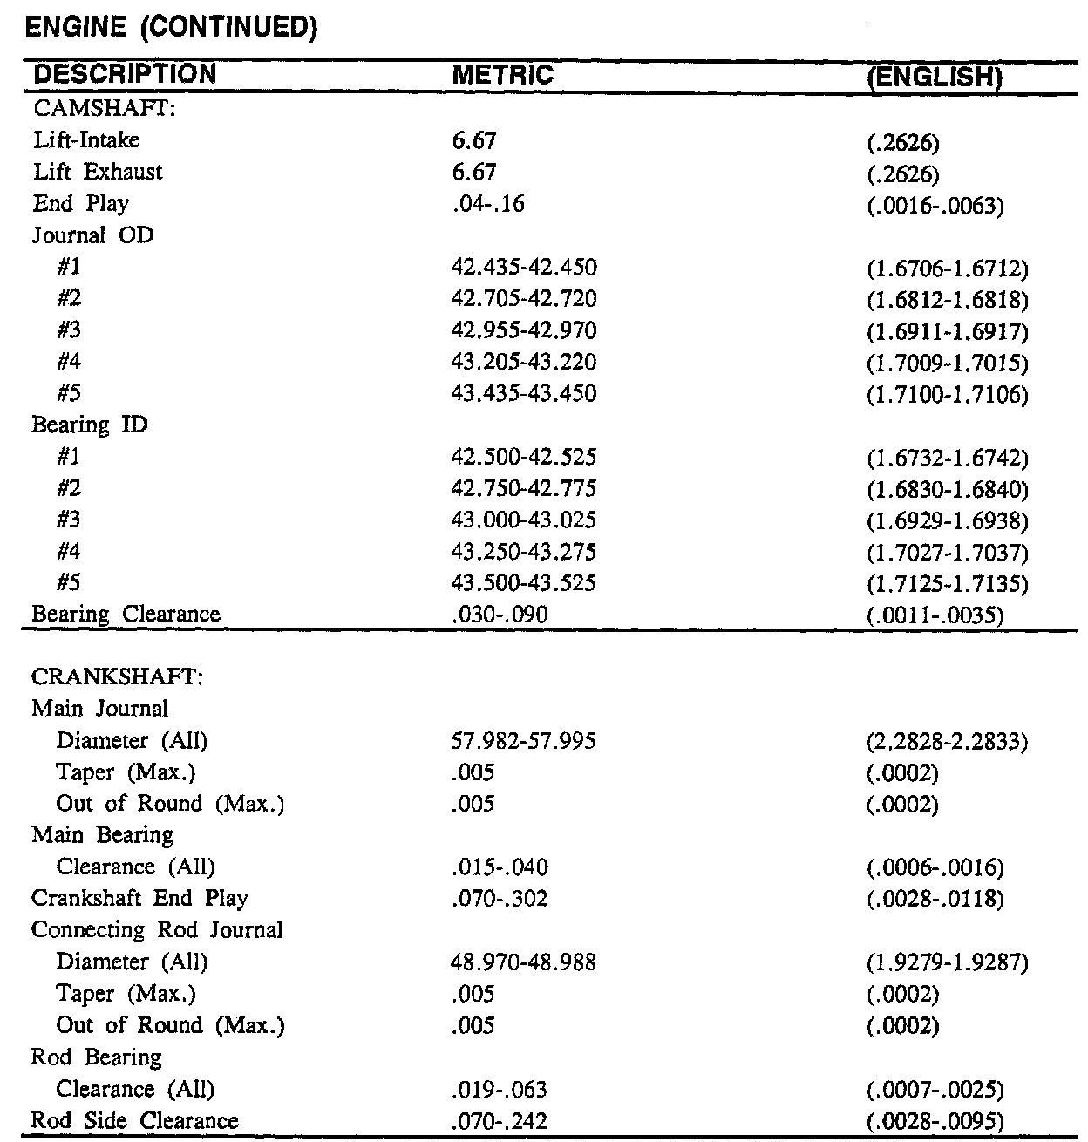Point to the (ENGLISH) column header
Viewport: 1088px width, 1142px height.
930,78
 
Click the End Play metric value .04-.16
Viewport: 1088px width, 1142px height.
487,204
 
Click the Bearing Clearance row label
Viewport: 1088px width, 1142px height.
126,615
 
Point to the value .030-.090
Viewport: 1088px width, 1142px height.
500,615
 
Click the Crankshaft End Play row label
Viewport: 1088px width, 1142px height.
139,899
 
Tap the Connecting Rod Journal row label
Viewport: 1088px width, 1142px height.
157,930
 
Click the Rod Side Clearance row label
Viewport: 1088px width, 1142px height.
134,1121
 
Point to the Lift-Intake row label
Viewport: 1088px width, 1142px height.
85,139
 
